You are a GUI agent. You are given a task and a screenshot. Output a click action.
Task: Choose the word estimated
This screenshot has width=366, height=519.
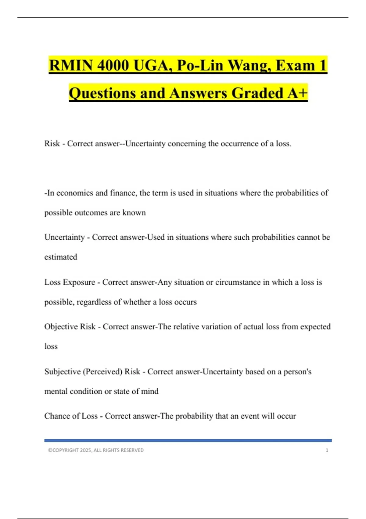coord(61,257)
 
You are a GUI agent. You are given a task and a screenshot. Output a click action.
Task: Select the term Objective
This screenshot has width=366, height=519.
coord(61,327)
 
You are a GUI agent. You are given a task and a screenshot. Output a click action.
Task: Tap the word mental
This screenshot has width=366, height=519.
coord(56,391)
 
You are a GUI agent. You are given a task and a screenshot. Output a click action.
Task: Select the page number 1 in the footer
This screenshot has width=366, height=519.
coord(327,450)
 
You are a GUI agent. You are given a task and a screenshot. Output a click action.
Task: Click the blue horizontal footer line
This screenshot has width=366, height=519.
coord(188,441)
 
